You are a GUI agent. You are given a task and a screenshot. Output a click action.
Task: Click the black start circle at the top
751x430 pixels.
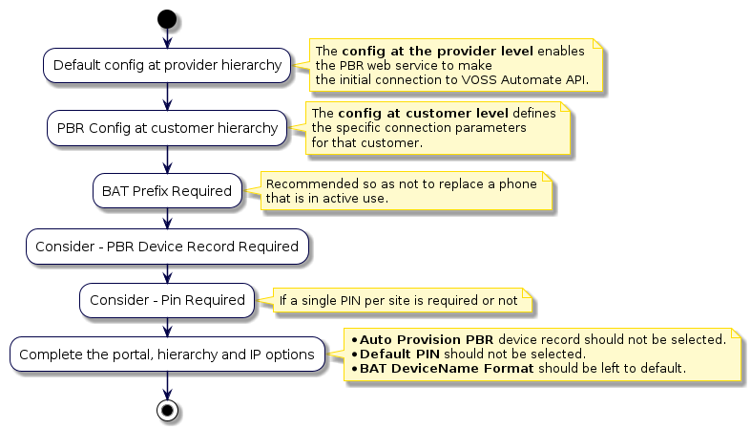(x=167, y=19)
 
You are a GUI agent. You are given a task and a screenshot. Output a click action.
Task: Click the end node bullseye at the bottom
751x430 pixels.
(x=167, y=410)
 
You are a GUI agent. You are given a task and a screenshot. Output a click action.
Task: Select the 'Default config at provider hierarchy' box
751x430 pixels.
(x=167, y=66)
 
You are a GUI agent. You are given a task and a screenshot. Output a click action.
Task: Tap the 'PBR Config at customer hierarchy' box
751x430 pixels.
(x=167, y=128)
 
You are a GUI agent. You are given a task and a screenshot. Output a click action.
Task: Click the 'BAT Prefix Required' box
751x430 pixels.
(x=167, y=191)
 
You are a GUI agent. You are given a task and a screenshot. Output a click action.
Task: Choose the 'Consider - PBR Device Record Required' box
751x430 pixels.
(x=167, y=246)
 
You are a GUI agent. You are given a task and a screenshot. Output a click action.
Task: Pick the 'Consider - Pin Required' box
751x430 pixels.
(x=167, y=300)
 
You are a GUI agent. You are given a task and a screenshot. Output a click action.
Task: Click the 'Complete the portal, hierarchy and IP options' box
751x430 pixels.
(x=167, y=355)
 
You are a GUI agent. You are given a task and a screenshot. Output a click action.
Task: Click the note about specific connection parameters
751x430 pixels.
(x=439, y=128)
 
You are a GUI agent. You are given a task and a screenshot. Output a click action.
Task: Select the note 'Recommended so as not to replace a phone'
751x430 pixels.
(x=401, y=191)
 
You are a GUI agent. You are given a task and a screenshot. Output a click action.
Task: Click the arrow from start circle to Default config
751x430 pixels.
(x=167, y=38)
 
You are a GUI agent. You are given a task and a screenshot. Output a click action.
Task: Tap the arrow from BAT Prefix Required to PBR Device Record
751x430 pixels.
(x=167, y=218)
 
